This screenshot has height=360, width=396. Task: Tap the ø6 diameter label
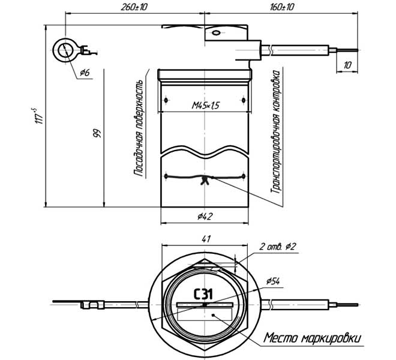[x=85, y=73]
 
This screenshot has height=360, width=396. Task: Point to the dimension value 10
[x=347, y=64]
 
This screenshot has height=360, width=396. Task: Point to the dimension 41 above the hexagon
[x=206, y=239]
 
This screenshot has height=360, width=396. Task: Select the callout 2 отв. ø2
[x=278, y=247]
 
